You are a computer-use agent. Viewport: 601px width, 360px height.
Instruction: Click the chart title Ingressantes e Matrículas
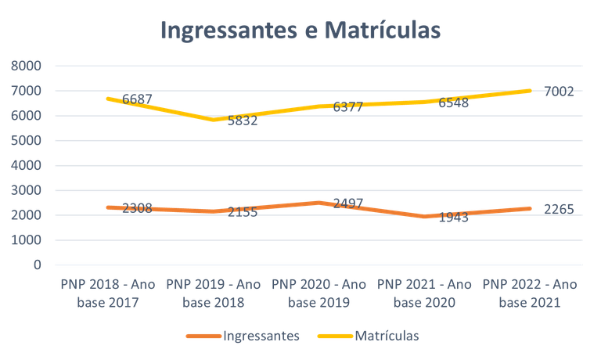(300, 30)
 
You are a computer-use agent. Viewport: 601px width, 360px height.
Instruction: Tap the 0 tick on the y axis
(36, 265)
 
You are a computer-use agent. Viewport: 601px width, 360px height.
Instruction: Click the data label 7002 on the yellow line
(560, 92)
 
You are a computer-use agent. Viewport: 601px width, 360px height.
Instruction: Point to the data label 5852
(242, 121)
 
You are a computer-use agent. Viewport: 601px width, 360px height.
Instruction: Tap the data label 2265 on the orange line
(560, 209)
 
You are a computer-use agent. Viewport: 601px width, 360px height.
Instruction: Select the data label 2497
(348, 203)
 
